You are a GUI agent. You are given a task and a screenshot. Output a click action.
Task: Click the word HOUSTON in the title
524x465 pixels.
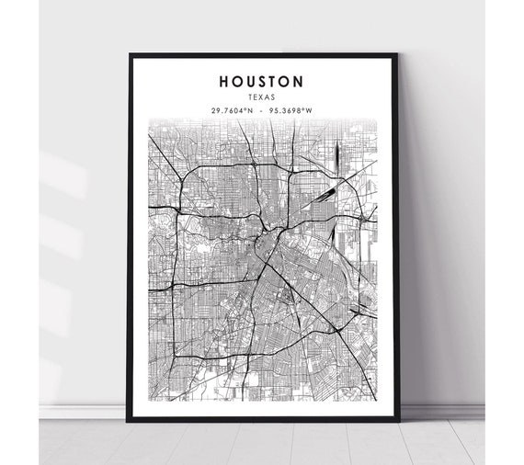[262, 81]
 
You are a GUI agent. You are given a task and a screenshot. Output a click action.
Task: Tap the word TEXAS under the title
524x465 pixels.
[262, 96]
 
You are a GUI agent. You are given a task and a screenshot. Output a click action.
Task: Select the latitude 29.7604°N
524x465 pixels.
[233, 110]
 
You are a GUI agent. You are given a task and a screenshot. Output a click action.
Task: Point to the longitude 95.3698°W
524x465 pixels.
[290, 110]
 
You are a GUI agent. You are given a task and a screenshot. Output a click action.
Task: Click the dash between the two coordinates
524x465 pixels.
[262, 110]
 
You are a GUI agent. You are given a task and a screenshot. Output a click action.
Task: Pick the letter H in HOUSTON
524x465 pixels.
[224, 81]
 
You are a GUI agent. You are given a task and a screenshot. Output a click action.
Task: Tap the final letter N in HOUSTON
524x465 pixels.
[299, 81]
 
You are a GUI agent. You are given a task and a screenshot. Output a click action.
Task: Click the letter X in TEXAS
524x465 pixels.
[263, 96]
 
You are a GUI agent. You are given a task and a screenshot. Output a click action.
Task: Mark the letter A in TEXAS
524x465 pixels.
[268, 96]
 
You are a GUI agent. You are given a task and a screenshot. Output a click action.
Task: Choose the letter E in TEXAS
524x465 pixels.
[256, 96]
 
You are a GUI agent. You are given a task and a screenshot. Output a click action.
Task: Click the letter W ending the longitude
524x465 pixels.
[309, 110]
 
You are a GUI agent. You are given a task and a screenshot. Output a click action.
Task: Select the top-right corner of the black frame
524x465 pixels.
[398, 54]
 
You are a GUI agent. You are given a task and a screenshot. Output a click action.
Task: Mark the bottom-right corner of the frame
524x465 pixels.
[398, 420]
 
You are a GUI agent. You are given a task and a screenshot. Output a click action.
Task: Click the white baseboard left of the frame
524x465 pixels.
[83, 412]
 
